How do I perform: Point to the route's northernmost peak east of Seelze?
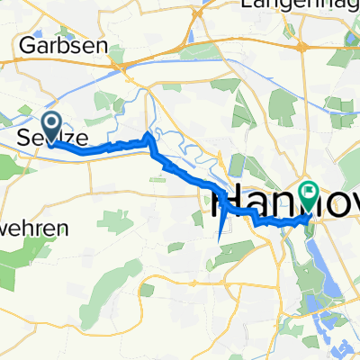[x=148, y=134]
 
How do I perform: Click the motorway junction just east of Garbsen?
[x=117, y=64]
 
